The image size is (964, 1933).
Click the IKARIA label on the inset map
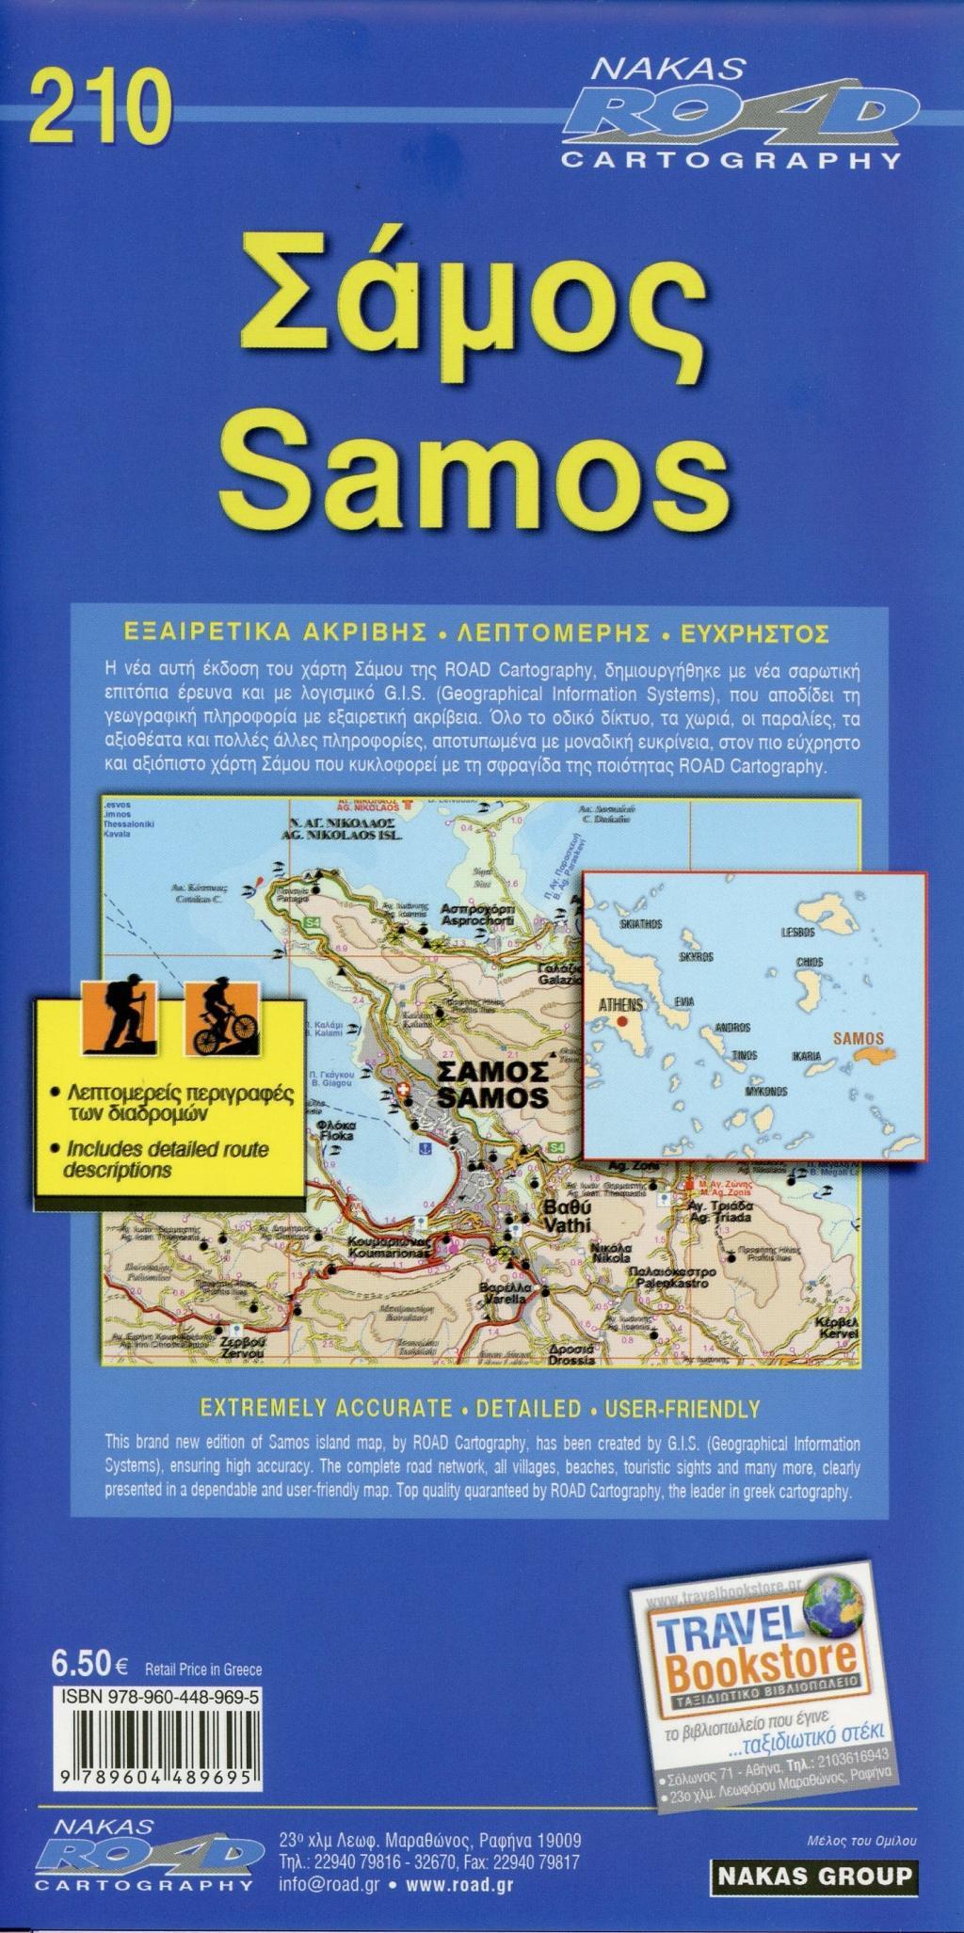pyautogui.click(x=806, y=1056)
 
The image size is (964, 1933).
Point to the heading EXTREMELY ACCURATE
pyautogui.click(x=326, y=1408)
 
